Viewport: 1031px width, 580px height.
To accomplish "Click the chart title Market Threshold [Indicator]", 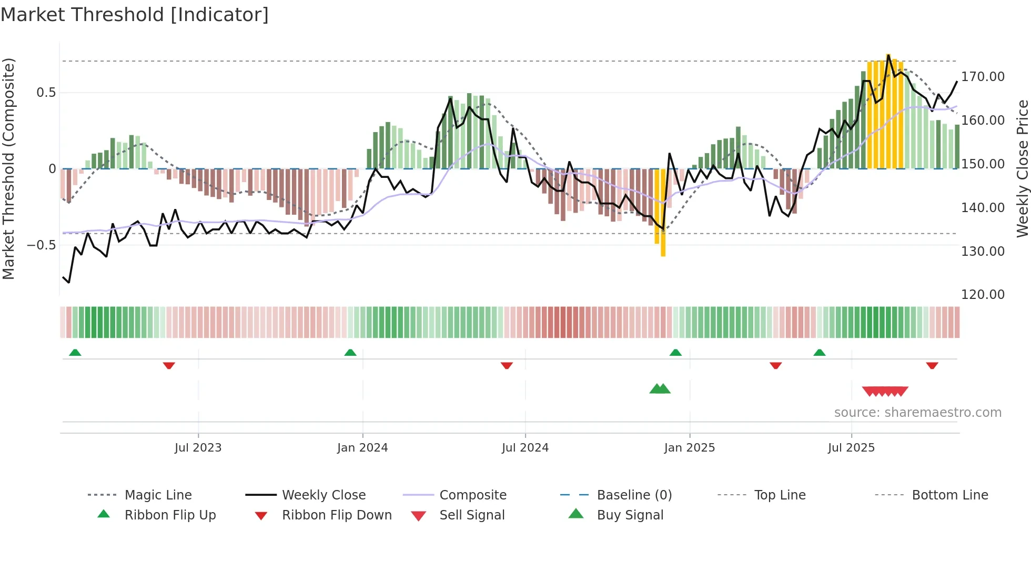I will (135, 15).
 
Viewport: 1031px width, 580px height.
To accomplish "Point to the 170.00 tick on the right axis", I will (982, 77).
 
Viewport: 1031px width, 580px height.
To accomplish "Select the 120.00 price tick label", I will (982, 295).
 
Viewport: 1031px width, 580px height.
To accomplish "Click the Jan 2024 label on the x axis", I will (362, 448).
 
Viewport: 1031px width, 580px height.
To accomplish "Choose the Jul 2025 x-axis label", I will (851, 448).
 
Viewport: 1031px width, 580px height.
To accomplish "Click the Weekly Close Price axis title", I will (1022, 168).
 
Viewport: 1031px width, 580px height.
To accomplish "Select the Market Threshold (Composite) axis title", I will (8, 168).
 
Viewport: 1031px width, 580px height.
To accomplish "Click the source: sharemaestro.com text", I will (917, 413).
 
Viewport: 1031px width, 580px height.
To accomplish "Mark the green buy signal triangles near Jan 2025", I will (660, 389).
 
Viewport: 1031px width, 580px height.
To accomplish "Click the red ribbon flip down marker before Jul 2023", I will (169, 365).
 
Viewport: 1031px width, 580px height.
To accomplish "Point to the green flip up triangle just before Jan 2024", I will (350, 352).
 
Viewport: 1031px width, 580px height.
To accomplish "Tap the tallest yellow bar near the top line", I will (888, 111).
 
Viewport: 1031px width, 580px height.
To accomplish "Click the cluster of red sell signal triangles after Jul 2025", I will (885, 392).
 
